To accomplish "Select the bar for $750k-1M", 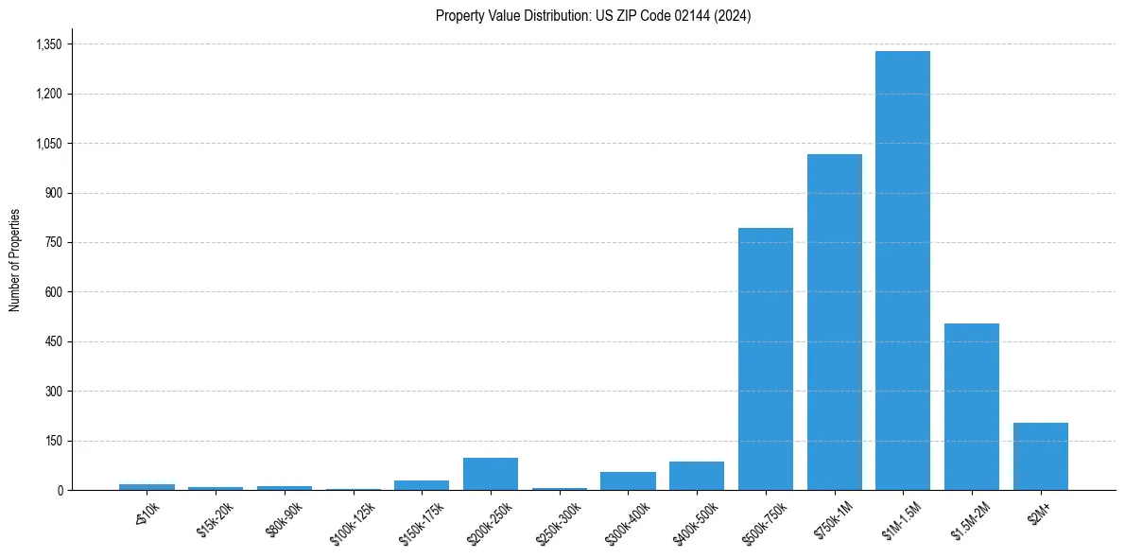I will coord(834,322).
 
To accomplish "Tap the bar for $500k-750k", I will coord(766,359).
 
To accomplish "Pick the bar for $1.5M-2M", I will coord(972,407).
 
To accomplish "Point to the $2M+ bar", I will coord(1040,456).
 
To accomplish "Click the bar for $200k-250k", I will coord(491,474).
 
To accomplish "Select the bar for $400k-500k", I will coord(697,476).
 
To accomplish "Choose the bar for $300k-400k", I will coord(628,480).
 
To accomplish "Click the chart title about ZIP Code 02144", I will coord(593,16).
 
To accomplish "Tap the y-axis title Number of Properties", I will coord(15,260).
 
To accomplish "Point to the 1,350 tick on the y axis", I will coord(48,44).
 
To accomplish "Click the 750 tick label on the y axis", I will coord(53,243).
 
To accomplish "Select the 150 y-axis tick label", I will coord(53,441).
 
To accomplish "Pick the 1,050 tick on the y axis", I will coord(48,144).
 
